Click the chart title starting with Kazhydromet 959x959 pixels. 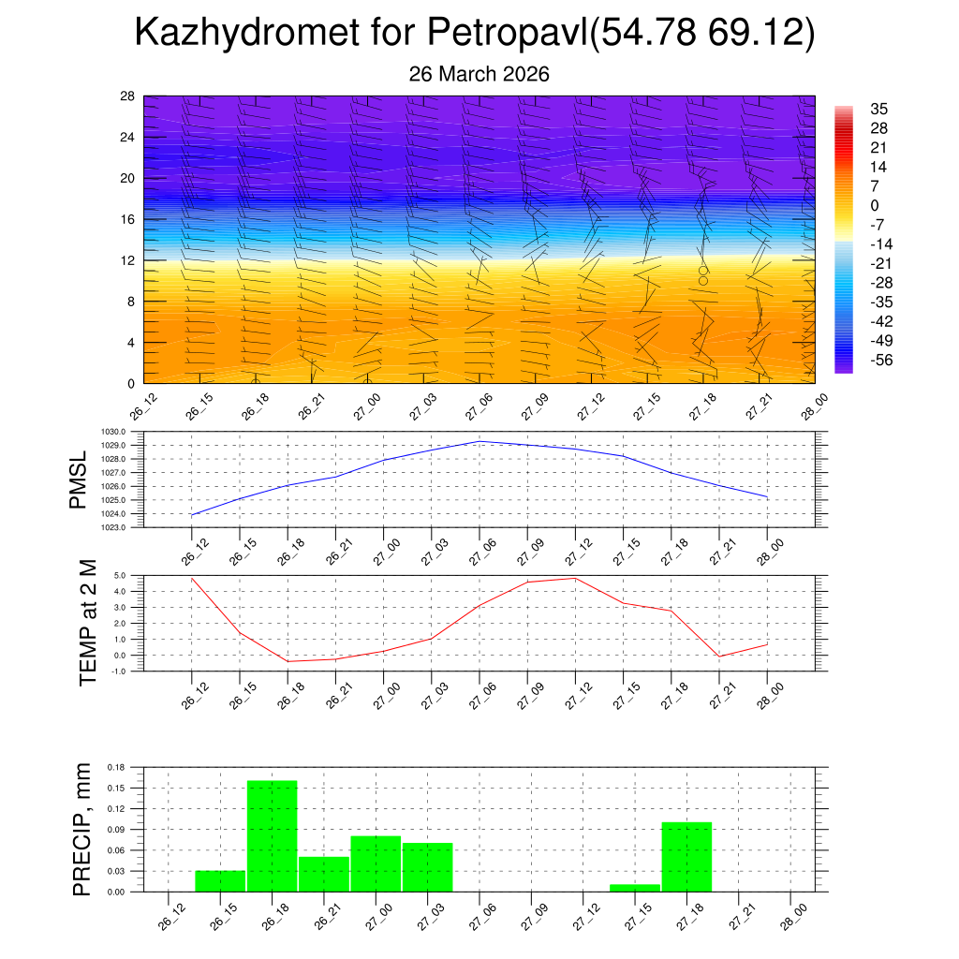click(x=475, y=34)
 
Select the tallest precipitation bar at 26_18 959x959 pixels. click(x=273, y=835)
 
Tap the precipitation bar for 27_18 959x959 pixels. click(x=686, y=856)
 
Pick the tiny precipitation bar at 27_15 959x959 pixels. click(x=635, y=888)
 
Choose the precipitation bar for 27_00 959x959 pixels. click(x=376, y=863)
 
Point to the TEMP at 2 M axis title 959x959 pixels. click(x=88, y=622)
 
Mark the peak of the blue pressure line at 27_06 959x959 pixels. click(x=479, y=441)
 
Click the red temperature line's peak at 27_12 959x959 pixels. click(x=575, y=578)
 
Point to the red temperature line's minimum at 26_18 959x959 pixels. click(x=288, y=661)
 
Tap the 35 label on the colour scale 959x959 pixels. click(x=878, y=109)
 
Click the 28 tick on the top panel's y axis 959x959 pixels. click(x=127, y=96)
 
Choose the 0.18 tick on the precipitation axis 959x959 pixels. click(x=115, y=767)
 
